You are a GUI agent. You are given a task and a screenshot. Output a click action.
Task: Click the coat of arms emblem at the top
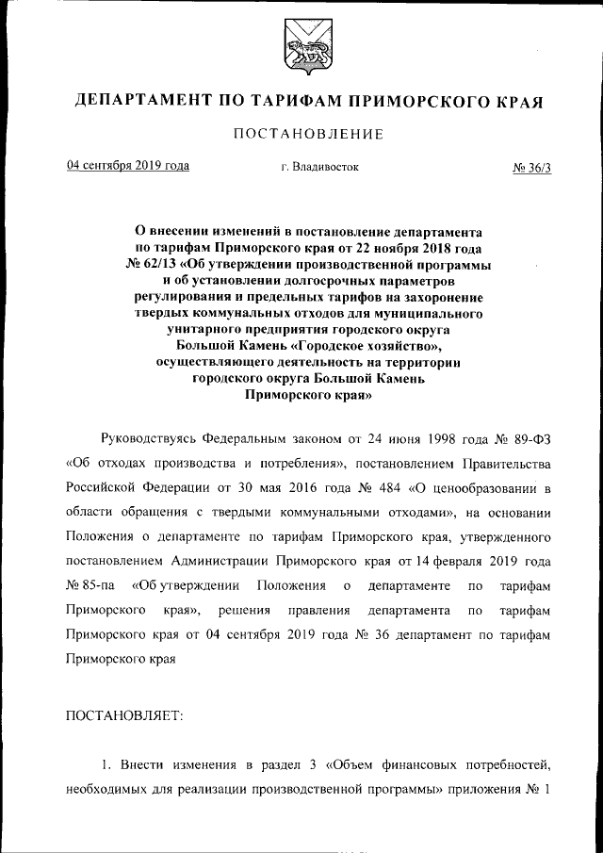301,50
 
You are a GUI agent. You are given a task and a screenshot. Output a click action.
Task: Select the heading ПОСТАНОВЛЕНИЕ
308,134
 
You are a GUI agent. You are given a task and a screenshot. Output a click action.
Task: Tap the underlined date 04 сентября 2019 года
127,166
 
